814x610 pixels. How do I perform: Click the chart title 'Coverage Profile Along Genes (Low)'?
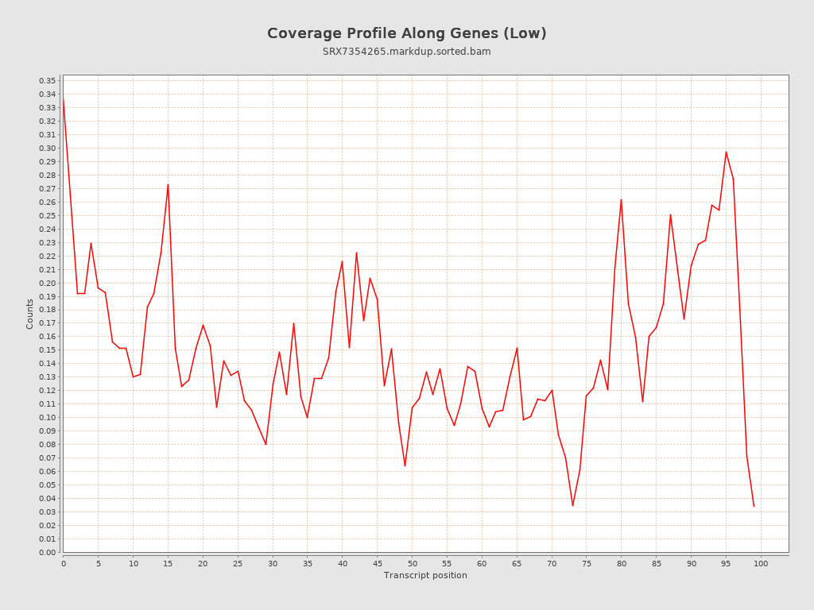(406, 33)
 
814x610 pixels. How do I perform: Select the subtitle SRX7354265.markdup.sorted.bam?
(406, 52)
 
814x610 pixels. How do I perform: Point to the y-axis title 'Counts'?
(30, 314)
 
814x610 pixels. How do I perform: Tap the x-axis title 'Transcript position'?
(425, 575)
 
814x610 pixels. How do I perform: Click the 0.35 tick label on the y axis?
(47, 81)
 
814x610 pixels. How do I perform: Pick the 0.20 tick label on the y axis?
(47, 284)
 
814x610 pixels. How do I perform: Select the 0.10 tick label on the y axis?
(47, 418)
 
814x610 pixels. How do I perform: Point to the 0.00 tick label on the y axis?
(47, 553)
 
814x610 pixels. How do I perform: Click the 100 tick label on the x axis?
(761, 564)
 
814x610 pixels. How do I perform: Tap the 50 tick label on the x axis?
(412, 564)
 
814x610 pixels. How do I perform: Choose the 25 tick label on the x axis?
(238, 564)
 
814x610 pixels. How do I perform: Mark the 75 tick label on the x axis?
(587, 564)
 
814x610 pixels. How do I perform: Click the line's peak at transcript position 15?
(168, 184)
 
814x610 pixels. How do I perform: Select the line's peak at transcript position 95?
(726, 152)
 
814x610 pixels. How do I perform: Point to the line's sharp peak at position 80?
(621, 199)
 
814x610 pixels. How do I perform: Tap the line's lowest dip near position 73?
(572, 506)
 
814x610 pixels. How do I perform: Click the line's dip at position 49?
(405, 466)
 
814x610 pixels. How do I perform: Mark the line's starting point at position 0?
(63, 98)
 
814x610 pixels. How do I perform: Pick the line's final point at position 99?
(754, 506)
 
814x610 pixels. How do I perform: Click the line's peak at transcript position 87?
(670, 214)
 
